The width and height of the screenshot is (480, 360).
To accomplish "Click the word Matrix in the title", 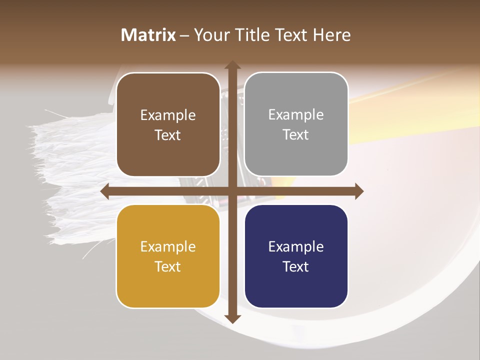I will click(148, 35).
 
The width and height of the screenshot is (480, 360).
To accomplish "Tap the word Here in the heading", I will click(332, 35).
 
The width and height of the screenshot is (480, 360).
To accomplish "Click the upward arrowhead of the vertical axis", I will click(232, 65).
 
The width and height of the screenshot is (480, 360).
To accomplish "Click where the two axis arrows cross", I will click(232, 191).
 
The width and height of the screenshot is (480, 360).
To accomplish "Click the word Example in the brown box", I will click(168, 115).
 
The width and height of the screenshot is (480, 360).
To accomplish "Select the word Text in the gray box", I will click(296, 135).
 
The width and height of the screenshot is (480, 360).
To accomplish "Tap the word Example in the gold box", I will click(168, 247).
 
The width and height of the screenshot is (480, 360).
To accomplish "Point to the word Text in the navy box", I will click(296, 266).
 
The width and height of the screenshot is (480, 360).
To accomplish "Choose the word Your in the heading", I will click(211, 35).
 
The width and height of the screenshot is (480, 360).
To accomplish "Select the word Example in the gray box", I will click(296, 115).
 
